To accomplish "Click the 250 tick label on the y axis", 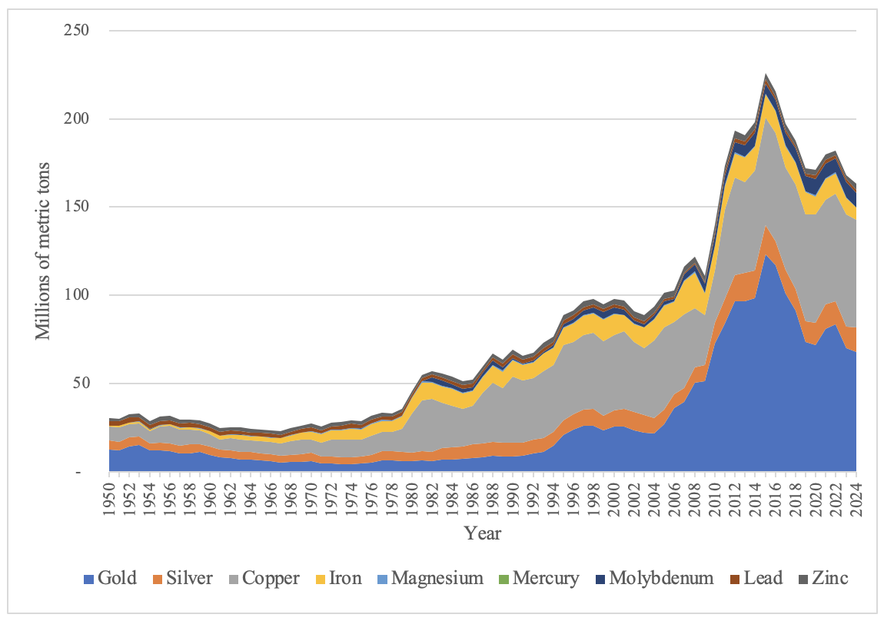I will tap(79, 32).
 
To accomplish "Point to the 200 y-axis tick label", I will tap(79, 119).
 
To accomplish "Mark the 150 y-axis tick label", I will tap(79, 208).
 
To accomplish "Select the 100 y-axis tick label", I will tap(79, 296).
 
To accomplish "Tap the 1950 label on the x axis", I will tap(108, 494).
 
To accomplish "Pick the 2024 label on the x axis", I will tap(856, 494).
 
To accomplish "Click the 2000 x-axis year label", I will tap(613, 494).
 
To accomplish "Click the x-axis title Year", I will tap(483, 533).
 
